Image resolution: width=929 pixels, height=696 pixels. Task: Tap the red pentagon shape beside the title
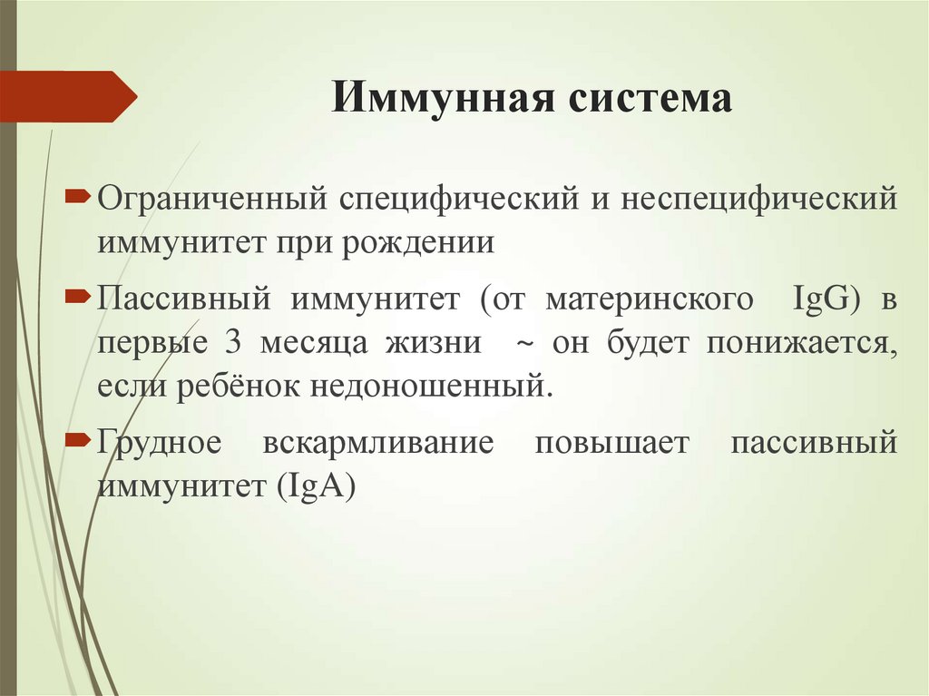pyautogui.click(x=69, y=96)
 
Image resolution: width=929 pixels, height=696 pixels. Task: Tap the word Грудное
pyautogui.click(x=160, y=446)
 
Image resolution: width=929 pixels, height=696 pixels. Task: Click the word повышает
pyautogui.click(x=612, y=446)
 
